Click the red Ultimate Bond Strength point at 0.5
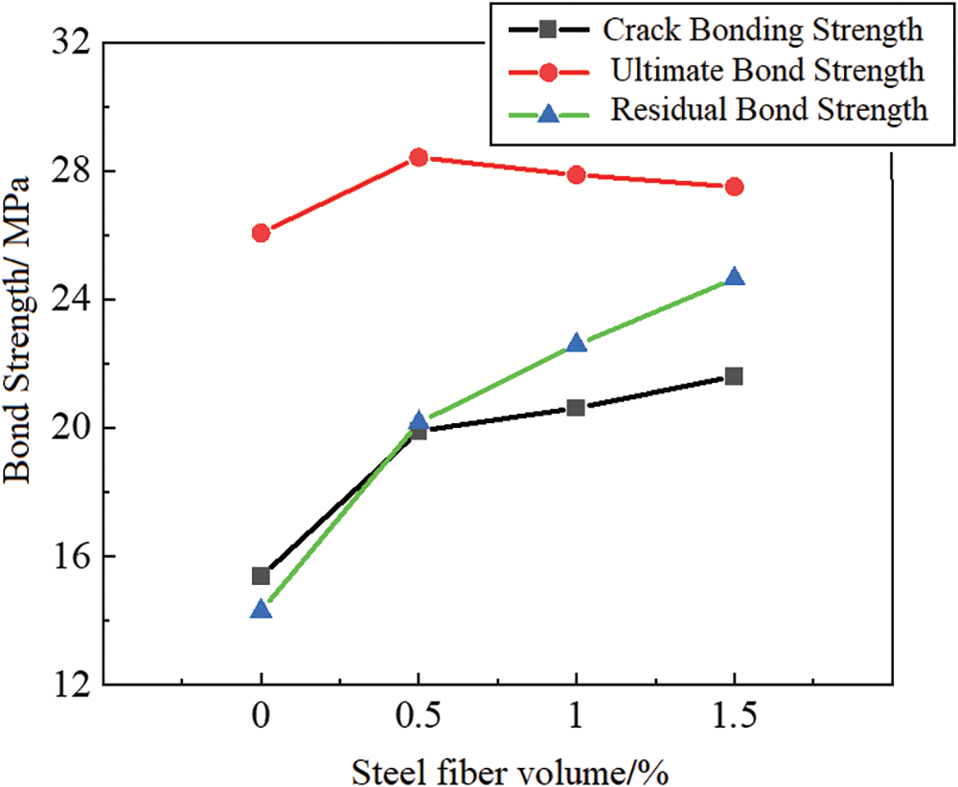click(419, 157)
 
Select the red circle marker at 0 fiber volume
click(261, 233)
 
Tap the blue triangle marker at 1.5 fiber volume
click(734, 278)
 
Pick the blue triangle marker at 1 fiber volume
click(576, 343)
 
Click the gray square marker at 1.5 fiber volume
click(734, 376)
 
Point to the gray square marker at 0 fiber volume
click(261, 575)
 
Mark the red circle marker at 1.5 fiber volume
click(734, 187)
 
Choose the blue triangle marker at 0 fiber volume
click(261, 609)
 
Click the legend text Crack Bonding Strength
click(763, 30)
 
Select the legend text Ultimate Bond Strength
click(766, 70)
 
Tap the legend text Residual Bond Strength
click(769, 109)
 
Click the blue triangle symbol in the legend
click(548, 113)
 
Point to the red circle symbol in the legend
click(548, 72)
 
